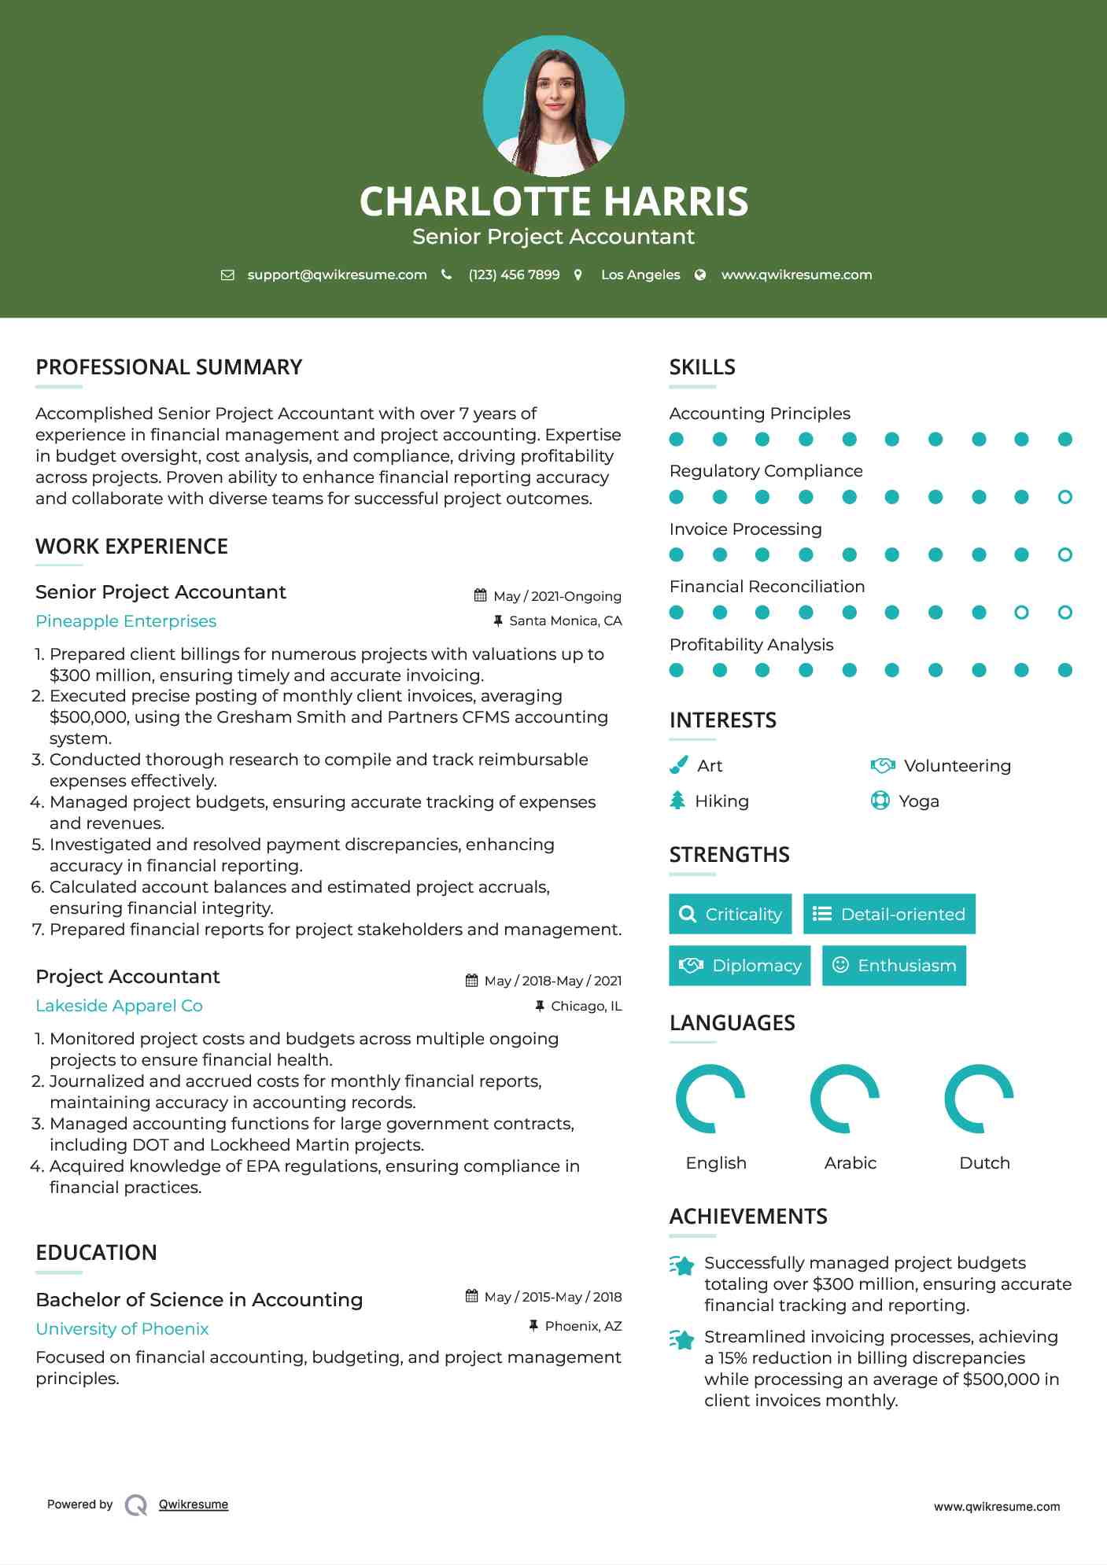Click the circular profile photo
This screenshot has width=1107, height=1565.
click(553, 106)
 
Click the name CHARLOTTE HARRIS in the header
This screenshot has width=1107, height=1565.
click(553, 201)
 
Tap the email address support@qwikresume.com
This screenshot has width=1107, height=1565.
click(337, 275)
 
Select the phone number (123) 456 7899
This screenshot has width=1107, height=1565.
click(514, 275)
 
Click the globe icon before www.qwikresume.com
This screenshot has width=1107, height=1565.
click(700, 275)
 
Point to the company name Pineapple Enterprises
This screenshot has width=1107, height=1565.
click(126, 621)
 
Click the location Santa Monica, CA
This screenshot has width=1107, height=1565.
click(565, 621)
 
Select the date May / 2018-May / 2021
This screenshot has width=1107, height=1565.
click(552, 981)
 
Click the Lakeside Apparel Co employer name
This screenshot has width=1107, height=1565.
click(119, 1006)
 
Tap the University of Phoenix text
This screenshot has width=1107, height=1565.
click(122, 1329)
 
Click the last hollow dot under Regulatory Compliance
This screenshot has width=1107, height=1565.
click(1065, 497)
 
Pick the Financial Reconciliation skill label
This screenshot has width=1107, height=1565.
click(766, 587)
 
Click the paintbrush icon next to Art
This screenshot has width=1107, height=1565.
click(678, 765)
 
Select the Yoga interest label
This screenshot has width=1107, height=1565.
click(919, 801)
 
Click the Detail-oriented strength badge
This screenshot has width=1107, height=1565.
click(889, 914)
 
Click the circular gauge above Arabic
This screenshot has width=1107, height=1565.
click(845, 1099)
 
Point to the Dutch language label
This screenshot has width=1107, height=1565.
click(984, 1163)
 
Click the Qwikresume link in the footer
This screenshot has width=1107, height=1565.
click(194, 1504)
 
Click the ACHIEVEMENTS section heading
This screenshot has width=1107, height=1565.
click(748, 1217)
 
